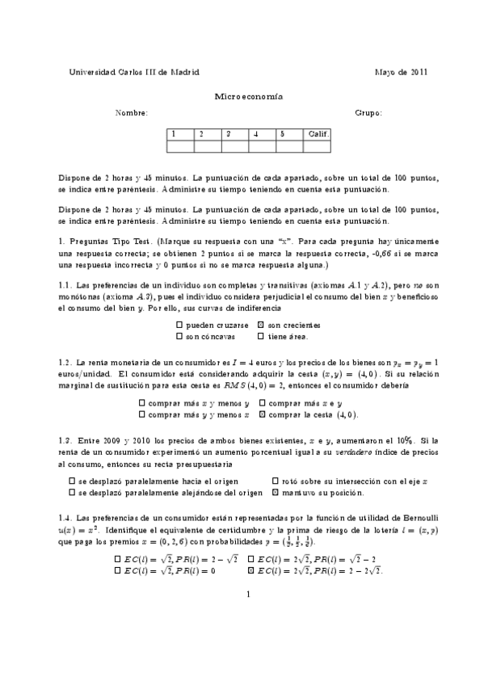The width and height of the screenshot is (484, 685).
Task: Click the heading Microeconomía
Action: tap(248, 95)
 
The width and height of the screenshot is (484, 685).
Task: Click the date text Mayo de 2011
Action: tap(401, 72)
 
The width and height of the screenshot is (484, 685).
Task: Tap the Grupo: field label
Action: tap(368, 113)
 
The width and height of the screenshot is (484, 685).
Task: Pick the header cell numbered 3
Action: tap(235, 133)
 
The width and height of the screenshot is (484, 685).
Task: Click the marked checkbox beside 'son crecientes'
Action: tap(260, 325)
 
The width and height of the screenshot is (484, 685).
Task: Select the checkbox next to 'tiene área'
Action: tap(260, 336)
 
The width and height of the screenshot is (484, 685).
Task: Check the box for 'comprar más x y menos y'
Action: tap(142, 403)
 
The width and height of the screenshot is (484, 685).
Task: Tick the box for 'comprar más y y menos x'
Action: tap(142, 414)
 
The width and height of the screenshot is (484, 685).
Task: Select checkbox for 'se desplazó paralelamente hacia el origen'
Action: tap(73, 481)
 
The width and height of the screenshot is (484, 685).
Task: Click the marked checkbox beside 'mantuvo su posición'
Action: tap(276, 492)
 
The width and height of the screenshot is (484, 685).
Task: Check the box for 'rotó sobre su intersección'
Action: tap(276, 481)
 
